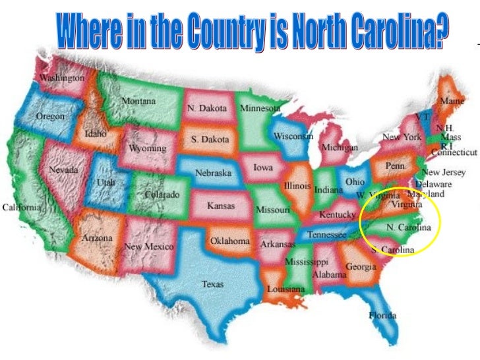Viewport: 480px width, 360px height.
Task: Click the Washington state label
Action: [x=63, y=78]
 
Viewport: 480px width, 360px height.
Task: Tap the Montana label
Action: [x=138, y=102]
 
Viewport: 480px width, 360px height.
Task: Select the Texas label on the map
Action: [x=212, y=285]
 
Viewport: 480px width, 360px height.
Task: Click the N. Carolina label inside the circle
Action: [x=409, y=227]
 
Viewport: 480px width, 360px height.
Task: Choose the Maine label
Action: [x=452, y=102]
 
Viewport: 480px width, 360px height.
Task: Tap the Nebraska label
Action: [x=213, y=173]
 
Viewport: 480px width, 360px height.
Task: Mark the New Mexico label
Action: [x=149, y=246]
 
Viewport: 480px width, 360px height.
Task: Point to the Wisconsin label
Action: [x=293, y=136]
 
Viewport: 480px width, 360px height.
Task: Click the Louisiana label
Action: [x=285, y=289]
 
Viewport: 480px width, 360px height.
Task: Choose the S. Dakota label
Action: [x=210, y=140]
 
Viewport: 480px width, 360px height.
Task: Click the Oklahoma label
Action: [x=229, y=241]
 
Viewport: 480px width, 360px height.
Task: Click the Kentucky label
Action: [x=338, y=215]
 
